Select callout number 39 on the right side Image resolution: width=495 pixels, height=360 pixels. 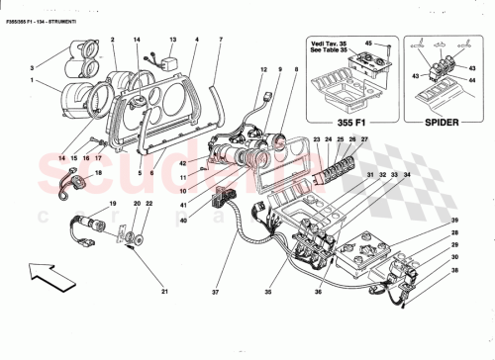456,221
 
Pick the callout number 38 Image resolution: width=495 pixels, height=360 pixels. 456,269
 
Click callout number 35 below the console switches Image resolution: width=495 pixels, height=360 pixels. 293,294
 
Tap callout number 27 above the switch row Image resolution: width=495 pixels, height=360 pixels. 363,141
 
